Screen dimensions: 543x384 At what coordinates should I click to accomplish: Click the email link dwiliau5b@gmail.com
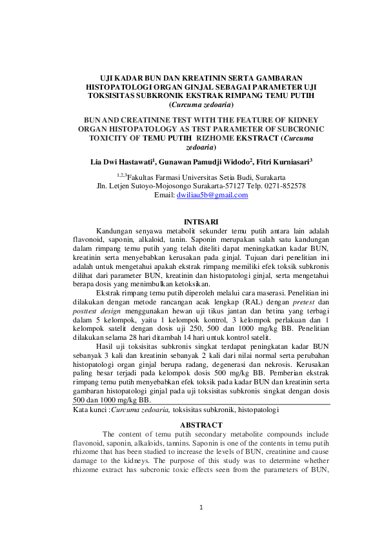tap(212, 195)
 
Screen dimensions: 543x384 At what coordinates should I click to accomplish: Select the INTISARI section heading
tap(201, 222)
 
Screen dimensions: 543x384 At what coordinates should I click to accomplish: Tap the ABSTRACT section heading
tap(201, 425)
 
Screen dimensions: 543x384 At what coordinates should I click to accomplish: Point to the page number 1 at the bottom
tap(201, 508)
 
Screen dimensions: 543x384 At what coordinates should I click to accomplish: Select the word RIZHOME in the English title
tap(219, 137)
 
